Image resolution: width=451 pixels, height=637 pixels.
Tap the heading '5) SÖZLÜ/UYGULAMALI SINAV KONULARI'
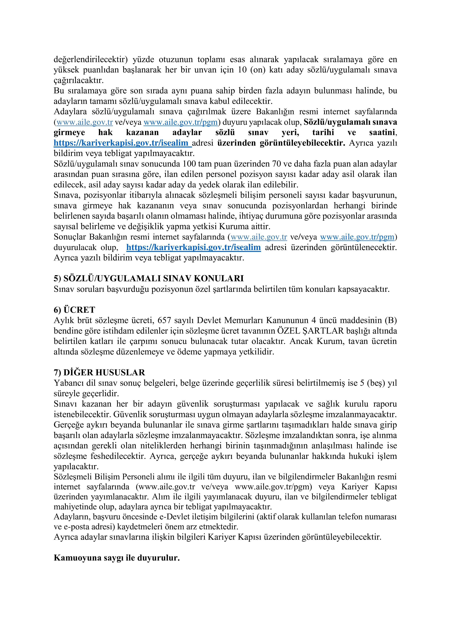149,278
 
